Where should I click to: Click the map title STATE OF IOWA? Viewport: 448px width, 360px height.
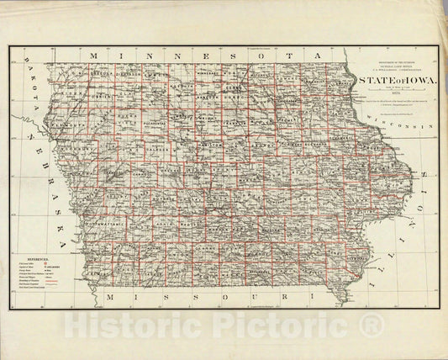pos(391,82)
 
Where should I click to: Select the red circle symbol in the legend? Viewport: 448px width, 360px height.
pos(62,270)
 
